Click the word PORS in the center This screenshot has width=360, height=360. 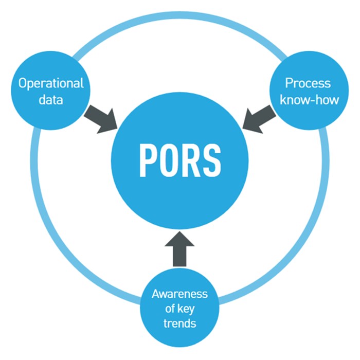tap(179, 159)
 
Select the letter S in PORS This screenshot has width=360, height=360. tap(211, 159)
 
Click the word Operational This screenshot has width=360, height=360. tap(51, 83)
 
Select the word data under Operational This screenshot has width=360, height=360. tap(51, 99)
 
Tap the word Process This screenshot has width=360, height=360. tap(308, 83)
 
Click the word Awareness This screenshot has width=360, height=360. tap(179, 294)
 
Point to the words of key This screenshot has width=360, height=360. tap(179, 309)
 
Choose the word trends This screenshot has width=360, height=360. tap(179, 324)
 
